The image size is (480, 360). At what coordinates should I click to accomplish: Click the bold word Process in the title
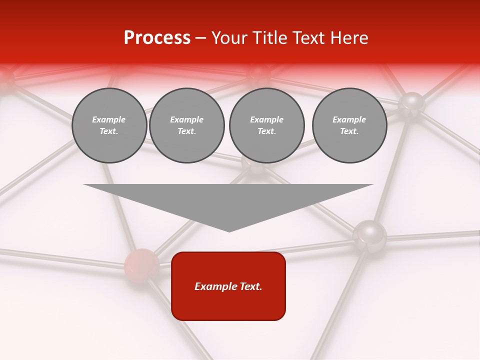coord(157,38)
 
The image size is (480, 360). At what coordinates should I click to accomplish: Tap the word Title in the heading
coord(267,38)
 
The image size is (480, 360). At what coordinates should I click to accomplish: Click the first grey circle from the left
coord(109,125)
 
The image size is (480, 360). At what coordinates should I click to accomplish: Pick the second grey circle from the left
coord(186,125)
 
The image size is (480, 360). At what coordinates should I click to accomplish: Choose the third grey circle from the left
coord(266,125)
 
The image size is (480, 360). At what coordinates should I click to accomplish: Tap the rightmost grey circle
coord(349,125)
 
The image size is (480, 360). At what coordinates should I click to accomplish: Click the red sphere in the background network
coord(141,264)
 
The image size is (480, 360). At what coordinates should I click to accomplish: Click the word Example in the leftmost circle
coord(109,119)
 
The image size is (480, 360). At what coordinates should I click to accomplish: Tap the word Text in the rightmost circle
coord(349,131)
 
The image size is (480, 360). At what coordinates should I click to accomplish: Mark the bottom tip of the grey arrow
coord(229,230)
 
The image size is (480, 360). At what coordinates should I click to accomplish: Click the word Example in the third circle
coord(266,119)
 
